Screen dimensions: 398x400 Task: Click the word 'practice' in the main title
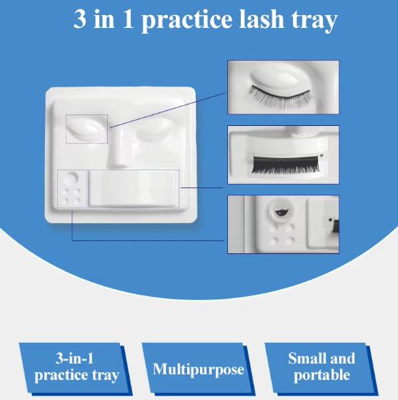pos(186,21)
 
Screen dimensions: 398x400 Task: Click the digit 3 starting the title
pos(80,19)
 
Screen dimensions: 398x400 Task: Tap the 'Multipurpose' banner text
pos(198,370)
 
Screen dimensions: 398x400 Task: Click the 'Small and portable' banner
pos(322,367)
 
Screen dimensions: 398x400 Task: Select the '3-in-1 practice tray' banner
pos(76,367)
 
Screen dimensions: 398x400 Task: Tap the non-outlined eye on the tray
pos(155,129)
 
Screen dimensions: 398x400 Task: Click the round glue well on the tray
pos(71,177)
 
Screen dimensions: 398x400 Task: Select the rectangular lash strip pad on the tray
pos(133,188)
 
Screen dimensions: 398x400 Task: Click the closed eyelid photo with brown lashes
pos(283,87)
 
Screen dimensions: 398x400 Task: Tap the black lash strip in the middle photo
pos(286,165)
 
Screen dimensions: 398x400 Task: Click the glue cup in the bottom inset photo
pos(282,211)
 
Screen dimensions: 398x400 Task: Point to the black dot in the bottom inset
pos(331,220)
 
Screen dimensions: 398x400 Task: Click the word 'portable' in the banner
pos(322,375)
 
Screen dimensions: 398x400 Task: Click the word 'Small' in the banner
pos(304,358)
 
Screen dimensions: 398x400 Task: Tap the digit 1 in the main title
pos(128,19)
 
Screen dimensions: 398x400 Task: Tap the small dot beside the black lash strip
pos(322,155)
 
